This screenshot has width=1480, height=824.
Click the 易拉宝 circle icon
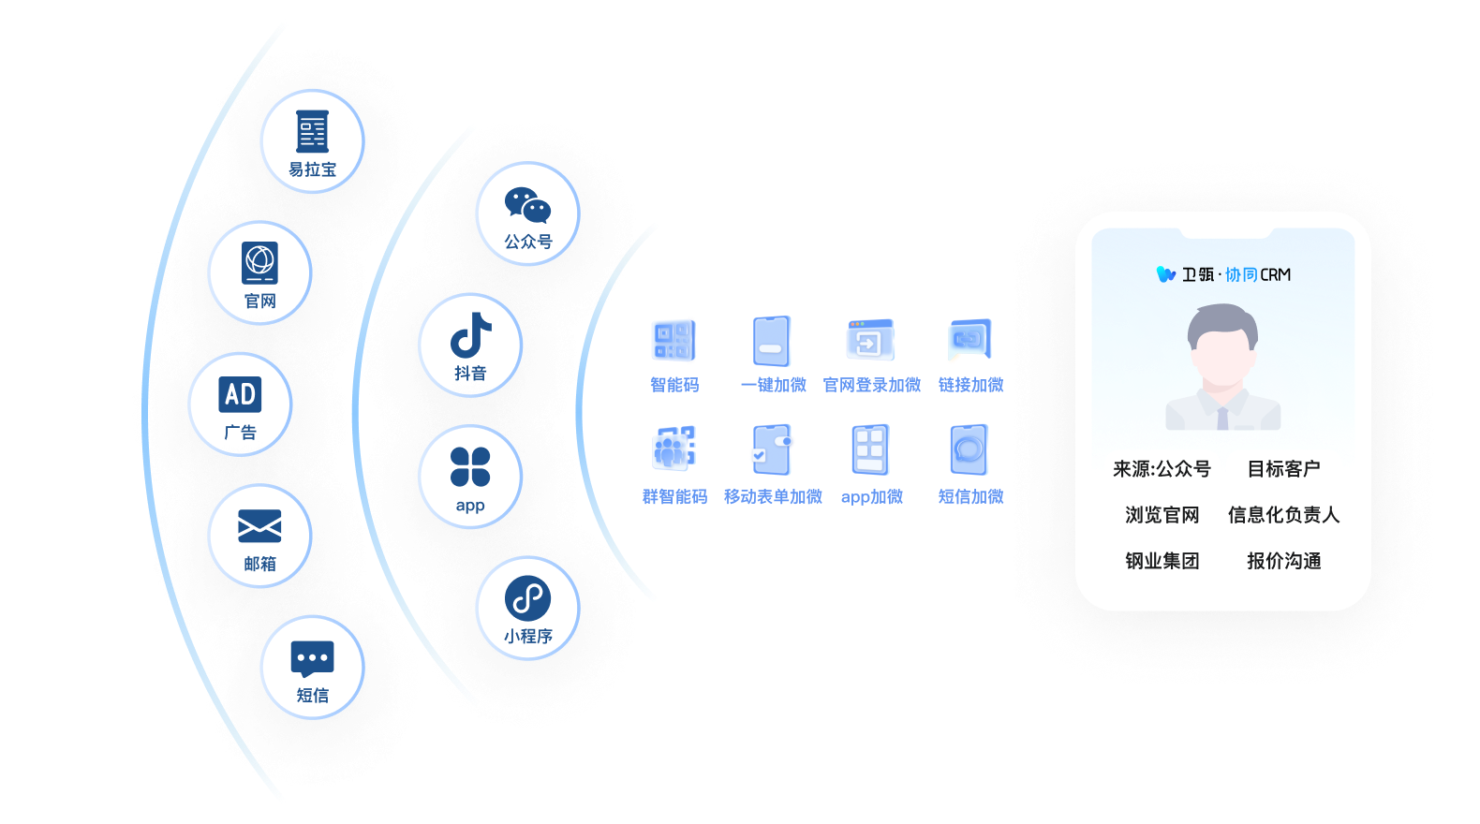click(x=312, y=140)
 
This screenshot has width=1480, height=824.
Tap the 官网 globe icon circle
click(x=259, y=272)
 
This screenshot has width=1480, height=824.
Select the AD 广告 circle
click(x=241, y=404)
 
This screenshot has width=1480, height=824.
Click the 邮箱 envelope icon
click(x=259, y=526)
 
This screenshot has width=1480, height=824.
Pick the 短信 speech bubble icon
click(x=312, y=659)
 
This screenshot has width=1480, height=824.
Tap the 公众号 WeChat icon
click(x=527, y=206)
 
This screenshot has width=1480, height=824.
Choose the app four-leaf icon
click(x=470, y=466)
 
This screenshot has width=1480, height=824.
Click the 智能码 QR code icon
click(x=674, y=341)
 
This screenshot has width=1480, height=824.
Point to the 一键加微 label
click(x=773, y=385)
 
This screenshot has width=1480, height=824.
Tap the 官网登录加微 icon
click(x=871, y=341)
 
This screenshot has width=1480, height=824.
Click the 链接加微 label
click(x=970, y=385)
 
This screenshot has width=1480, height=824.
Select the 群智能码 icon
click(x=674, y=450)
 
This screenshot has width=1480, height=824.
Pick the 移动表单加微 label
click(x=773, y=496)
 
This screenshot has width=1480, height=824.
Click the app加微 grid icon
click(x=871, y=450)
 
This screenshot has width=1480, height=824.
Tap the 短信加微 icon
click(x=969, y=450)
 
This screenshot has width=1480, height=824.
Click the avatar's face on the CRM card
click(x=1222, y=351)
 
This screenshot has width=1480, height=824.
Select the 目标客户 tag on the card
click(x=1283, y=469)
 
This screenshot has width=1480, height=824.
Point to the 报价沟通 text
click(x=1283, y=561)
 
